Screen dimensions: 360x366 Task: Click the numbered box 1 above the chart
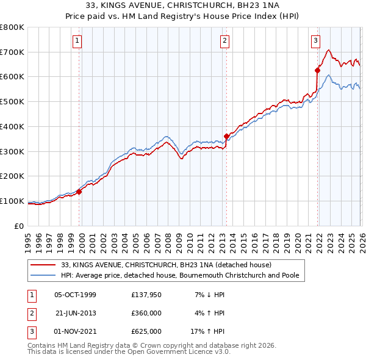78,41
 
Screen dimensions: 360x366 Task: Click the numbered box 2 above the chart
224,41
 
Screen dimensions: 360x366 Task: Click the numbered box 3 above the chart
315,41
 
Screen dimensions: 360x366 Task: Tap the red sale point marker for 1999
79,191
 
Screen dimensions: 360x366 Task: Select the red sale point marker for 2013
226,136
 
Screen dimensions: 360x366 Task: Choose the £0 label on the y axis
20,226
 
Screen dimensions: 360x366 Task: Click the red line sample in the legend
44,265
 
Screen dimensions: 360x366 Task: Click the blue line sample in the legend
44,276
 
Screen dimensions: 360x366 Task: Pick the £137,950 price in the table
146,295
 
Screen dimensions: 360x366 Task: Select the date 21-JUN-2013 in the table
75,313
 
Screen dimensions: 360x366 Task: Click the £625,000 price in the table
146,331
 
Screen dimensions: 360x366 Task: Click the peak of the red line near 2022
328,50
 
